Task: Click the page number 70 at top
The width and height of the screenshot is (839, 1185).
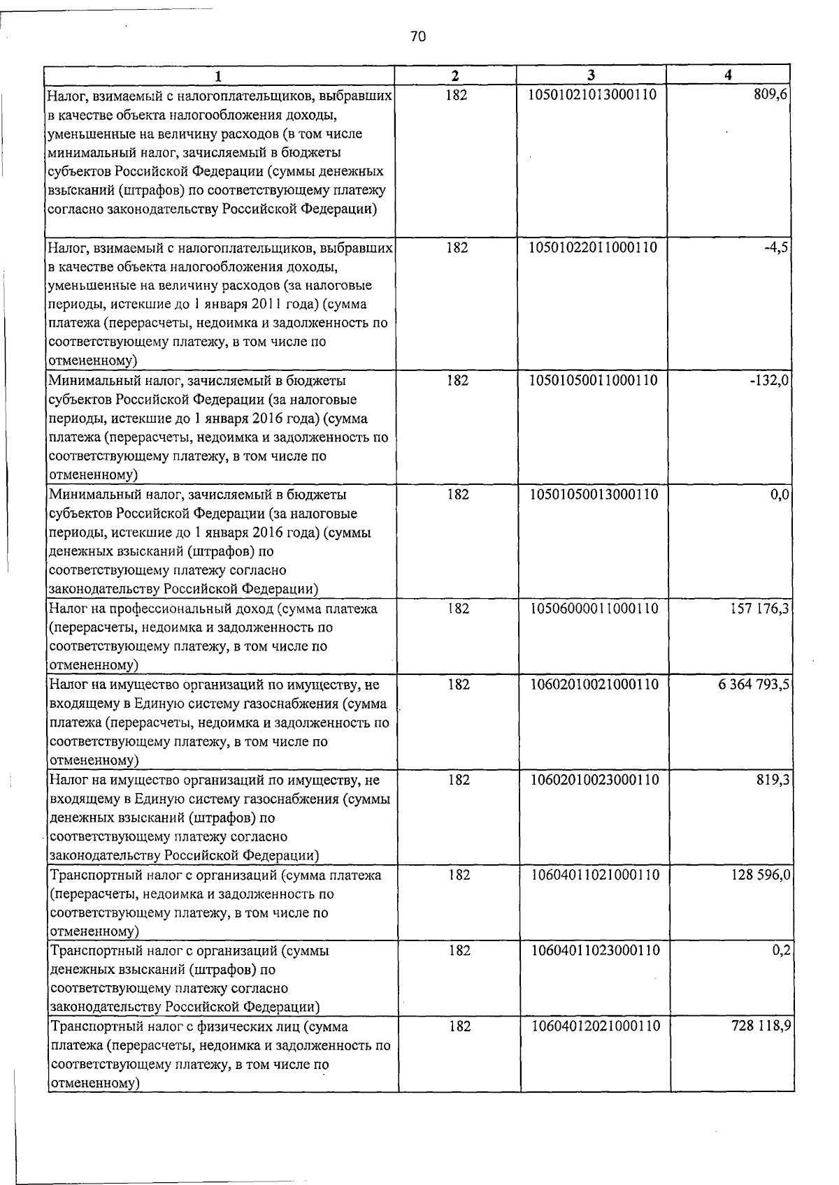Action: tap(418, 37)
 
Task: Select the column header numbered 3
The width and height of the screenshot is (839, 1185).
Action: tap(591, 75)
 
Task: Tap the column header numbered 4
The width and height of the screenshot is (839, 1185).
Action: tap(728, 75)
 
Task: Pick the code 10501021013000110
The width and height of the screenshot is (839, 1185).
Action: tap(593, 94)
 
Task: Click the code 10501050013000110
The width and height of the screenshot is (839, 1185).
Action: tap(594, 495)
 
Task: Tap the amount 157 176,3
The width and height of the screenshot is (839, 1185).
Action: tap(761, 609)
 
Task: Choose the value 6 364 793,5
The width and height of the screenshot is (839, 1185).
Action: tap(754, 685)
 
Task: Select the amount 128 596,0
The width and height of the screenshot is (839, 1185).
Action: tap(761, 875)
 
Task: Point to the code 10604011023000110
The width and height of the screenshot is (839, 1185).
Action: tap(595, 951)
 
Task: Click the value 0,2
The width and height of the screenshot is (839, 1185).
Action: tap(782, 951)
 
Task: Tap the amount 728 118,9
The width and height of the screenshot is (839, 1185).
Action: tap(762, 1026)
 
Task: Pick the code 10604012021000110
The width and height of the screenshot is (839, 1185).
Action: tap(596, 1026)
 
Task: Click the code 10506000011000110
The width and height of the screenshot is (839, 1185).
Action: tap(594, 609)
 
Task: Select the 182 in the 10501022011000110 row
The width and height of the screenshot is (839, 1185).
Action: tap(457, 247)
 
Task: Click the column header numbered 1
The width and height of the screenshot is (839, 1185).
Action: tap(219, 75)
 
